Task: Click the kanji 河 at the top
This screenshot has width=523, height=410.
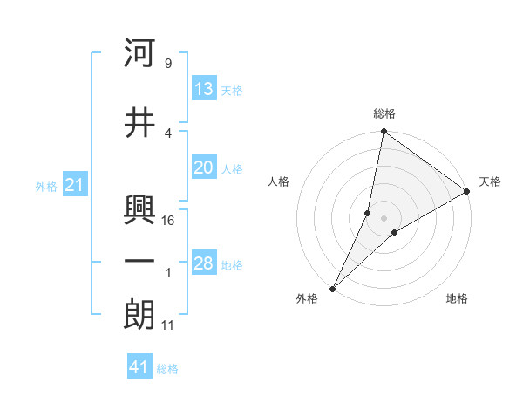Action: [x=139, y=53]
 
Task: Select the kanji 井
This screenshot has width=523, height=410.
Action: [x=139, y=123]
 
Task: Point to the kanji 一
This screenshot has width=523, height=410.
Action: [x=139, y=262]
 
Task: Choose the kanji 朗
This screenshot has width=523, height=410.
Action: [x=139, y=315]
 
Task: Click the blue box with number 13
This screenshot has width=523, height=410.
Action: [x=204, y=89]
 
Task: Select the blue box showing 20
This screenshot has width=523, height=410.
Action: [x=204, y=168]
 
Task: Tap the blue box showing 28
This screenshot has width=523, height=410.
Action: [x=204, y=264]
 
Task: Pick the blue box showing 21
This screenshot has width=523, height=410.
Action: [x=74, y=185]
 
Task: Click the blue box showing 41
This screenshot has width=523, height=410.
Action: [x=139, y=367]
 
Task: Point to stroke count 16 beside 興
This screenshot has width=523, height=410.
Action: [x=169, y=220]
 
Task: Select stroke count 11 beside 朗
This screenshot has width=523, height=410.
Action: [x=168, y=325]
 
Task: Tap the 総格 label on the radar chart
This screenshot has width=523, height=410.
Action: [x=384, y=113]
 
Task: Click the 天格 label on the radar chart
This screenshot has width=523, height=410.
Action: [x=490, y=181]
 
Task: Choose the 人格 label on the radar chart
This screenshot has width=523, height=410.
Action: [x=278, y=181]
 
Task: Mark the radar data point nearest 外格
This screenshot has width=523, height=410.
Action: [x=332, y=289]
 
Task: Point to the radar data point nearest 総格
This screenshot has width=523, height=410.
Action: [x=384, y=132]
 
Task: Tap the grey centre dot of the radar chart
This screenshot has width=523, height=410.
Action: [x=384, y=218]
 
